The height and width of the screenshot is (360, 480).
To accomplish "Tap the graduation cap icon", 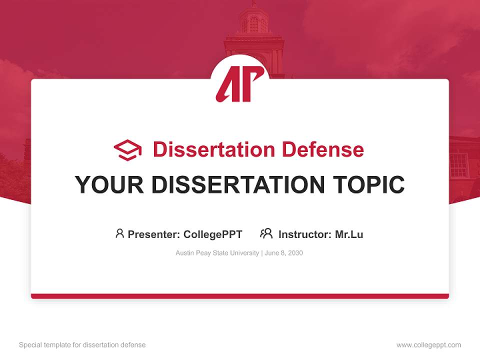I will [x=127, y=149].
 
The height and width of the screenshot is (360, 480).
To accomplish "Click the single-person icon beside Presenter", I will [x=119, y=233].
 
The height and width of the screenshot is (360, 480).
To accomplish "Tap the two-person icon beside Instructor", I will [x=266, y=233].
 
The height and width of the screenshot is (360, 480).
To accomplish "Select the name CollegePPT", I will [x=212, y=234].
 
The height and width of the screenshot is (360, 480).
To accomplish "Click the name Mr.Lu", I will [x=349, y=234].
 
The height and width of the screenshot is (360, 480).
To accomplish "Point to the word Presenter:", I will [x=154, y=234].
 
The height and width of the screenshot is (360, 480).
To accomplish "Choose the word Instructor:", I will [x=305, y=234].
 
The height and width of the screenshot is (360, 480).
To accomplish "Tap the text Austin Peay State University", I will [x=217, y=253].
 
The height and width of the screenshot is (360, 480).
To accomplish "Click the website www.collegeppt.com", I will [x=428, y=345].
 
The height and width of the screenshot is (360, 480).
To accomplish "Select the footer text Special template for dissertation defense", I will [x=82, y=345].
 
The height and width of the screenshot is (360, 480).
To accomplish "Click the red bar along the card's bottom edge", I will [x=240, y=296].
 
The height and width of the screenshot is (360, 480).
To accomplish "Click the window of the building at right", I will [x=458, y=164].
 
